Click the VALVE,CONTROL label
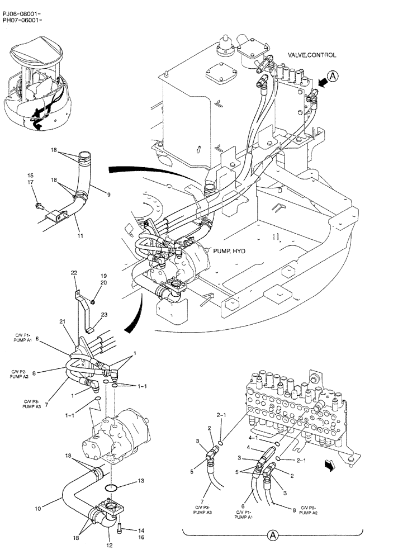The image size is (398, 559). tap(312, 55)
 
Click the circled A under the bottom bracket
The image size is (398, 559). tap(273, 535)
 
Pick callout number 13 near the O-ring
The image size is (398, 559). tap(141, 480)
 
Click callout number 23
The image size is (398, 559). tap(104, 315)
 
